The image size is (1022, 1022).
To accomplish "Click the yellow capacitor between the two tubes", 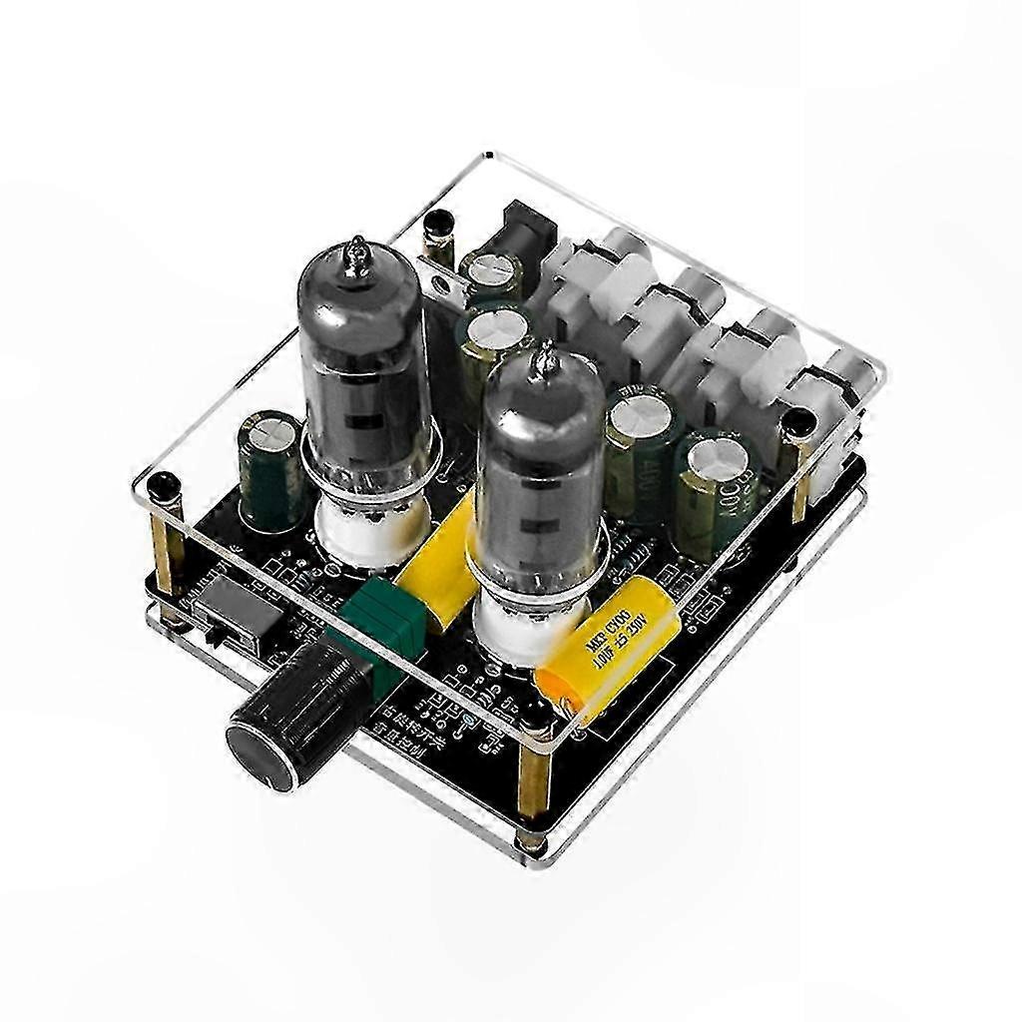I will coord(439,559).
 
